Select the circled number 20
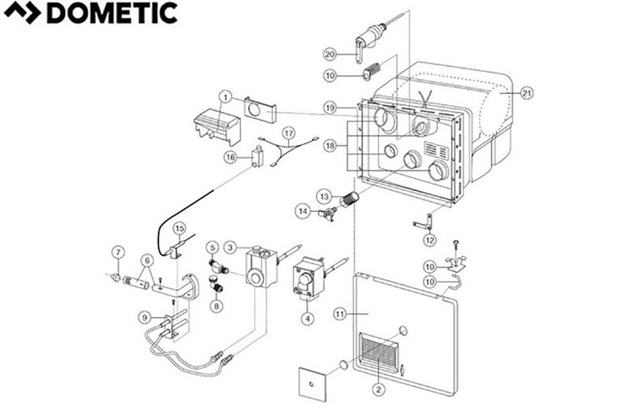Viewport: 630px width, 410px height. pos(331,54)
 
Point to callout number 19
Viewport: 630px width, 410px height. pos(331,106)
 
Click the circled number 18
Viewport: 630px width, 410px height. pos(331,146)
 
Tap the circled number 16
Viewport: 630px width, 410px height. pos(231,157)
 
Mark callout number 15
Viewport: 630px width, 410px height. pos(180,228)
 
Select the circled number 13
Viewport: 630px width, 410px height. pos(324,194)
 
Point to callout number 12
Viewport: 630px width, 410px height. pos(428,239)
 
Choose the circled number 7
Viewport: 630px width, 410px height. pos(118,252)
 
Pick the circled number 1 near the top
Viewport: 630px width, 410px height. pos(226,98)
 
